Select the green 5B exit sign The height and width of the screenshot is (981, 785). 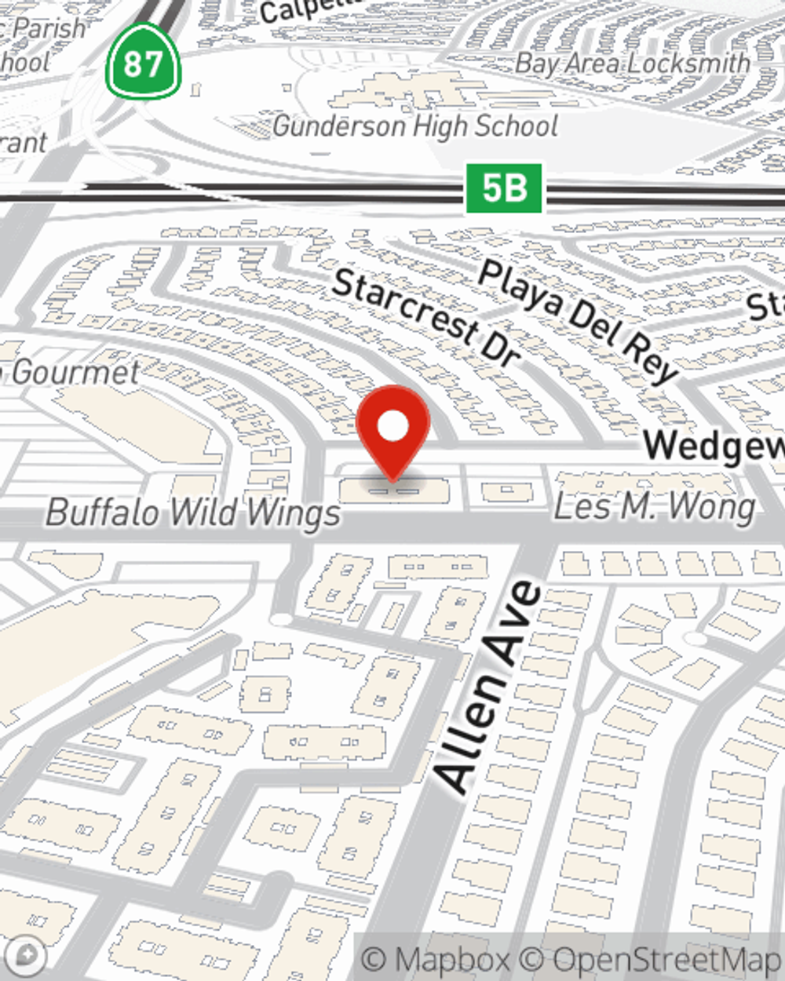click(x=504, y=188)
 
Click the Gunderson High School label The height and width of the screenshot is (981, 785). click(x=415, y=126)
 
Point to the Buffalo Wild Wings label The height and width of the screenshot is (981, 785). click(x=193, y=512)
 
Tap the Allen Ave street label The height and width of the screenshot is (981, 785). click(x=488, y=686)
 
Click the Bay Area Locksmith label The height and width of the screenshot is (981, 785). click(x=633, y=63)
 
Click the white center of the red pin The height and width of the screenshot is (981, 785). click(x=392, y=427)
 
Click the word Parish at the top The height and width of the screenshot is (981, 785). click(x=49, y=30)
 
